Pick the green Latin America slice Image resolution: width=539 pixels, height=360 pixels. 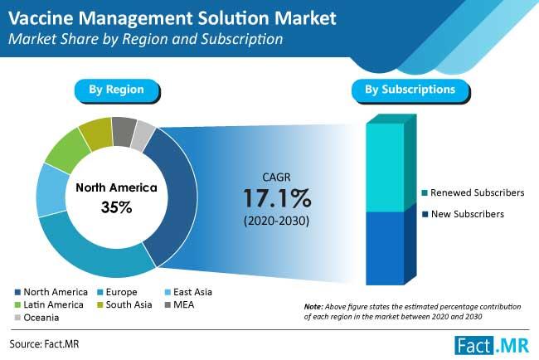coord(68,150)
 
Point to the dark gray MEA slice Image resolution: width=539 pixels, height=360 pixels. coord(124,131)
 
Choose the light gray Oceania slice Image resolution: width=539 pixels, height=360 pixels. coord(143,135)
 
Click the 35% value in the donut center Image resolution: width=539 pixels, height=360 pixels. coord(117,207)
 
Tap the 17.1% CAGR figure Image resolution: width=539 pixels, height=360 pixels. coord(277,199)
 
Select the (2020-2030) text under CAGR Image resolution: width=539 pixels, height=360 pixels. coord(276,221)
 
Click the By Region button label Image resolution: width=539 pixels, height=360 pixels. coord(117,90)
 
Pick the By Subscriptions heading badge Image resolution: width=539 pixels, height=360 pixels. coord(410,90)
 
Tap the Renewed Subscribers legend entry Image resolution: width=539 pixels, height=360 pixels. coord(473,193)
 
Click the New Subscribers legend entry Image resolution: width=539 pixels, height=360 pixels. coord(463,214)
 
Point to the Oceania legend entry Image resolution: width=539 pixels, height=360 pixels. coord(36,318)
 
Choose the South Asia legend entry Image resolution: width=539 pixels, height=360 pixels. coord(124,304)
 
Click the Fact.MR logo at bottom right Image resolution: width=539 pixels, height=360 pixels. coord(492,345)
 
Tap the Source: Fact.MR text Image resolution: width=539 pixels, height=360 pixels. coord(44,344)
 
